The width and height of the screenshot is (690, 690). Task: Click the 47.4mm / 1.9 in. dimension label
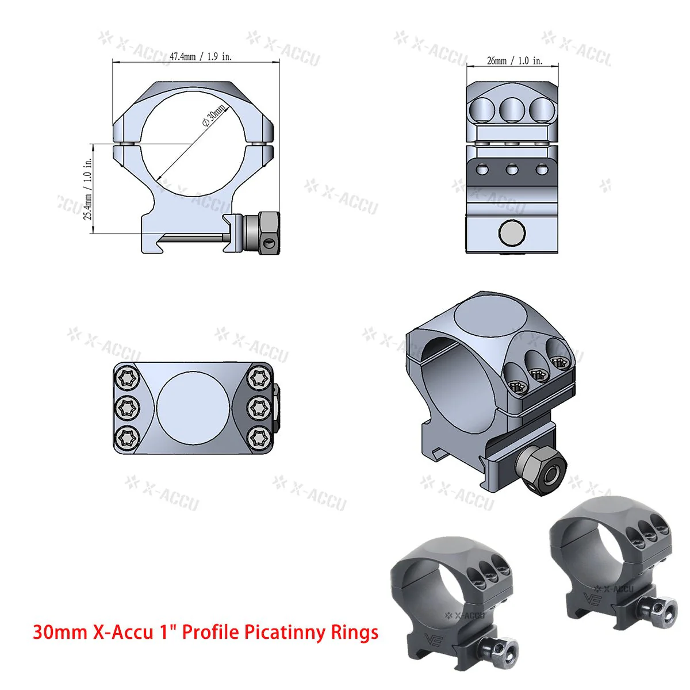coord(201,56)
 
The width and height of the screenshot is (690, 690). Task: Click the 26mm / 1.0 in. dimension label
coord(514,60)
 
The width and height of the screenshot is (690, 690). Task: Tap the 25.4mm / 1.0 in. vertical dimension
coord(88,190)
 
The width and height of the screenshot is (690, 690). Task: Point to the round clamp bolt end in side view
coord(512,232)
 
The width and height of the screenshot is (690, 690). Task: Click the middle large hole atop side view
coord(512,109)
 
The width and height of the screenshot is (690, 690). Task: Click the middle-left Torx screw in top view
coord(125,408)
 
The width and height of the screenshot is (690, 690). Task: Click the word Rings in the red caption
coord(354,632)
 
